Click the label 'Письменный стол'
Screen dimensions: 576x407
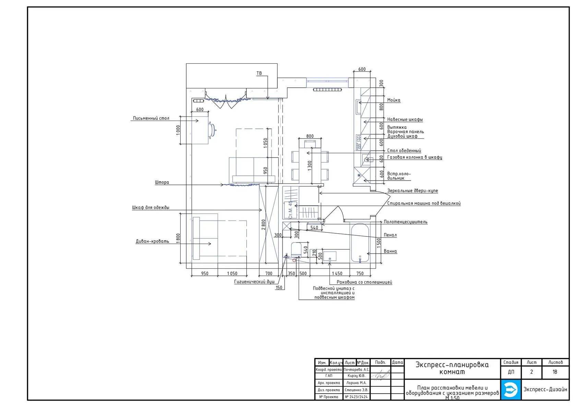[151, 118]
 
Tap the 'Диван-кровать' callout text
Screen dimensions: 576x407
[152, 241]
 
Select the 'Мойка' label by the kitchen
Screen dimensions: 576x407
[394, 100]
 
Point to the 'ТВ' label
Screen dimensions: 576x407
[259, 73]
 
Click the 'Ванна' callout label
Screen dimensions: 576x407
[390, 251]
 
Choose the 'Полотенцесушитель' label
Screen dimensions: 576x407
[405, 222]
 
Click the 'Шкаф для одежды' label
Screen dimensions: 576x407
[151, 208]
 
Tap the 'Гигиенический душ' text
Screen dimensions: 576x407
[254, 282]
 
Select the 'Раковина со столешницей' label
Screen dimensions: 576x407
[364, 282]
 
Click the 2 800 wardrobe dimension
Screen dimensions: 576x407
[263, 225]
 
